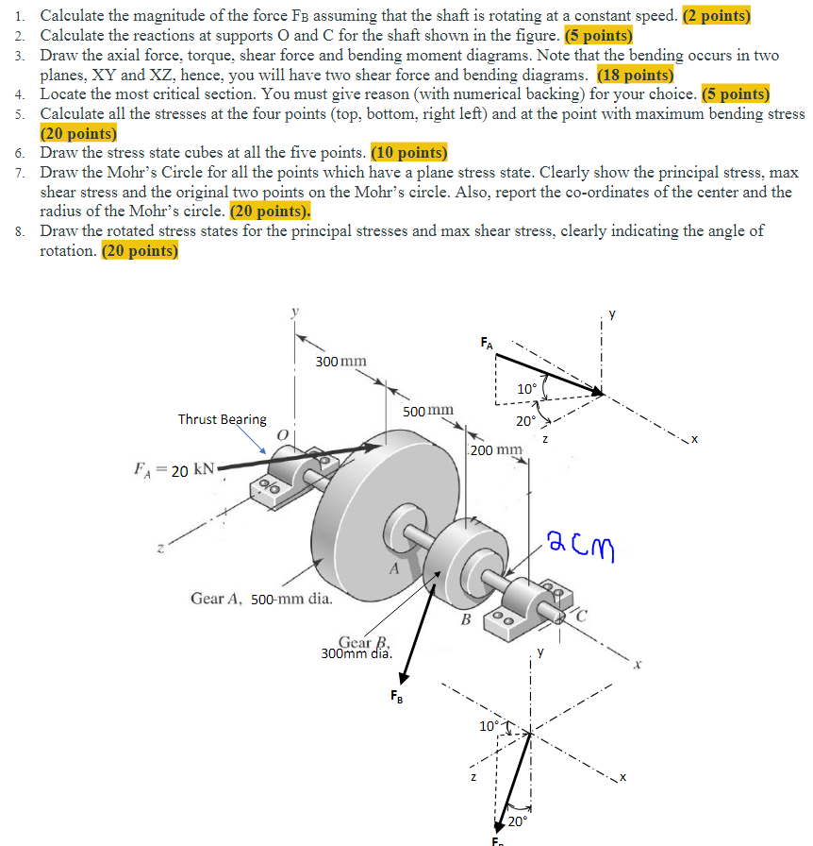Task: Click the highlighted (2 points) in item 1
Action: click(x=715, y=16)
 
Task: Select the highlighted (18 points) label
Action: click(x=635, y=76)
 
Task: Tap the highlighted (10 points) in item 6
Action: click(x=409, y=153)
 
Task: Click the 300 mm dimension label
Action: click(x=341, y=361)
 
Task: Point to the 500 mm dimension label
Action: click(x=428, y=411)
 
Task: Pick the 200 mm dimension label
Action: click(x=495, y=449)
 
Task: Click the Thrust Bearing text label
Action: click(x=223, y=419)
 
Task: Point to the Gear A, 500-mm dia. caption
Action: click(x=261, y=598)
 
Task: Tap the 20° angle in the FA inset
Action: click(x=524, y=421)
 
